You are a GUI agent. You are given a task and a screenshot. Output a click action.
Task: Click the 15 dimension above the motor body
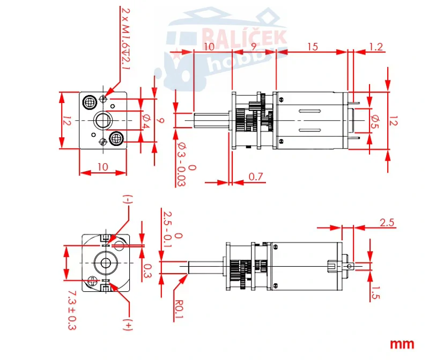point(312,47)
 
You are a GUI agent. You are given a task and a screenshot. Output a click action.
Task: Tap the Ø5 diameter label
point(375,122)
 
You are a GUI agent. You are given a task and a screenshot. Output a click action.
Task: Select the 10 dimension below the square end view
point(103,167)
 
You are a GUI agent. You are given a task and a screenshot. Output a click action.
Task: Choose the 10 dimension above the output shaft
point(209,47)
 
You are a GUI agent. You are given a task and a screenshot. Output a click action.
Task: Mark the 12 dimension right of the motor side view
point(394,122)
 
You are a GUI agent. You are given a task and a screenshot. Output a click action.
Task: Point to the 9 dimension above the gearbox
point(253,47)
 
